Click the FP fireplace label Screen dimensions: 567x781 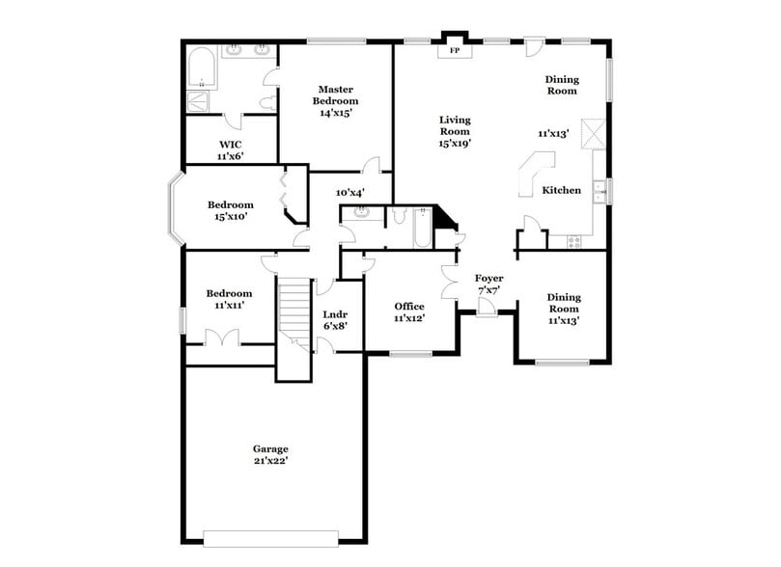[455, 50]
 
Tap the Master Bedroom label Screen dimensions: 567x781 [335, 100]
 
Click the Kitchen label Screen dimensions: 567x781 [561, 191]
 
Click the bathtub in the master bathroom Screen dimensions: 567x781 [202, 67]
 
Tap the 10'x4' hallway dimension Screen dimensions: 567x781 [349, 191]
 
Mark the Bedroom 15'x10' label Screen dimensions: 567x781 [231, 210]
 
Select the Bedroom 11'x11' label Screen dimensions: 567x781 [229, 299]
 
